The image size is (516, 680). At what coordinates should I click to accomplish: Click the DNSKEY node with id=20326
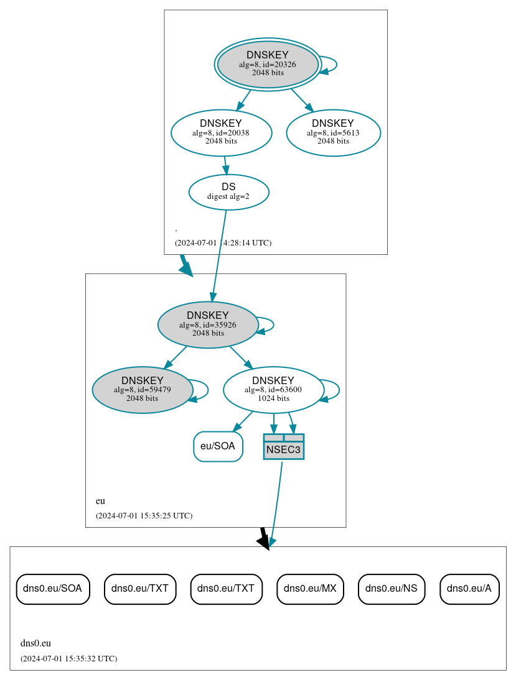click(x=268, y=64)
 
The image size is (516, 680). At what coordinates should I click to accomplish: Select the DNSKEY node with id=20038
click(x=221, y=132)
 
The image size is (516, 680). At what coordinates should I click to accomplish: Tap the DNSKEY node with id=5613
click(x=333, y=132)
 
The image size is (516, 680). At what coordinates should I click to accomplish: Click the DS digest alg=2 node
click(x=228, y=191)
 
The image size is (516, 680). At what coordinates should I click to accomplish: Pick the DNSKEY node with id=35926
click(x=208, y=324)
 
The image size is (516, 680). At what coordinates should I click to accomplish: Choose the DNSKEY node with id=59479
click(x=143, y=390)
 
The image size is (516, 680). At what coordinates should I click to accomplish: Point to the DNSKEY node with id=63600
click(x=273, y=390)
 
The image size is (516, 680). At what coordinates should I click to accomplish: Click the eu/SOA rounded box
click(x=218, y=446)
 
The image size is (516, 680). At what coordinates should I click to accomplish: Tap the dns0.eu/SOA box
click(x=53, y=589)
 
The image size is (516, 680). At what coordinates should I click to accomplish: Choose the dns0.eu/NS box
click(x=392, y=589)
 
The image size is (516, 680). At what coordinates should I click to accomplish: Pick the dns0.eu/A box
click(x=469, y=589)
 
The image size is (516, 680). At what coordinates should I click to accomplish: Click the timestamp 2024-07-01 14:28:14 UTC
click(x=223, y=243)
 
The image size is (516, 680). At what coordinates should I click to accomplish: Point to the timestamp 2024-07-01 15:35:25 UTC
click(x=144, y=516)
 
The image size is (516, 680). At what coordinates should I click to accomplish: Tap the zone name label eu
click(x=100, y=501)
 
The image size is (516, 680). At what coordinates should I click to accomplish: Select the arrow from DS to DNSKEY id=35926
click(x=218, y=255)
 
